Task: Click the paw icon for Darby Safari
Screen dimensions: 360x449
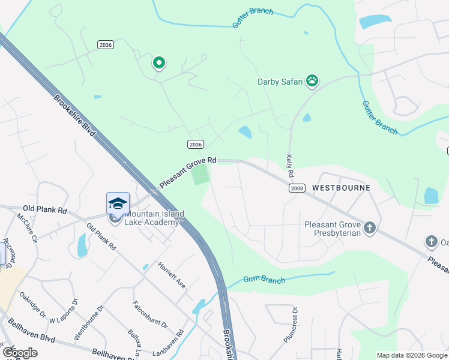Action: click(312, 80)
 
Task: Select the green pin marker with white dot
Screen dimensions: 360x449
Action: click(159, 62)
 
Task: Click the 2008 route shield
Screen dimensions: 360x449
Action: click(296, 188)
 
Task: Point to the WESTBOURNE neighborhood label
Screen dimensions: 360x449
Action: click(341, 188)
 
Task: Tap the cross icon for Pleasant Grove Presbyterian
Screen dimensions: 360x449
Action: click(370, 227)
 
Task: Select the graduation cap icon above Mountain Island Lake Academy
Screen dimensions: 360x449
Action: click(118, 203)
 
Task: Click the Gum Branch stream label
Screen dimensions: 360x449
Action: click(264, 279)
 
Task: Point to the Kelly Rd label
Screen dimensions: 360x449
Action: click(290, 165)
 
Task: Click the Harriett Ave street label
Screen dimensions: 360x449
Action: click(172, 275)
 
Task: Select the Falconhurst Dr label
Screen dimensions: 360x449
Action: click(150, 313)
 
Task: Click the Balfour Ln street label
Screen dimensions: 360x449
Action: click(134, 340)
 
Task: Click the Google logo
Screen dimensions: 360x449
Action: click(20, 353)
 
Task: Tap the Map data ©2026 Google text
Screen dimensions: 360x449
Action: click(412, 355)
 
